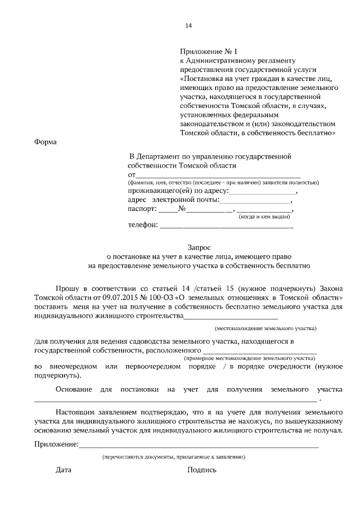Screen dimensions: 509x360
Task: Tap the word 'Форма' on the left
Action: point(46,142)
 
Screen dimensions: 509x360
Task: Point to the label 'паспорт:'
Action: point(143,209)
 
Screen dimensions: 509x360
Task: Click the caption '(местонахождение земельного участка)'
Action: point(266,328)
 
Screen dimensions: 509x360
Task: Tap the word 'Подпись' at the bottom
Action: point(202,470)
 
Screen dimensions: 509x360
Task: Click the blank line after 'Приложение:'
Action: point(199,446)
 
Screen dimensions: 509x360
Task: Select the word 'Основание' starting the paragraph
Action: point(74,389)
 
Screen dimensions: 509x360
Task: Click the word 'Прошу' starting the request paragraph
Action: point(67,286)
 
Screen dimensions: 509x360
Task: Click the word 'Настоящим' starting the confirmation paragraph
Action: point(75,412)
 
